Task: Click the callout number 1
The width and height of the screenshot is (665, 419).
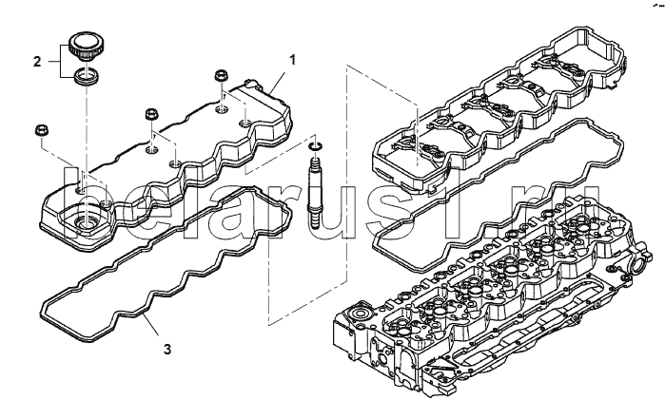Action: click(x=292, y=60)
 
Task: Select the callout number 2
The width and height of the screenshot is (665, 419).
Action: click(x=37, y=62)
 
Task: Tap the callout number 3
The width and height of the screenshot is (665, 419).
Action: click(x=167, y=350)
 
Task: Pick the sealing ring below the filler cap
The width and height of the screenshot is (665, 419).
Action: click(x=86, y=77)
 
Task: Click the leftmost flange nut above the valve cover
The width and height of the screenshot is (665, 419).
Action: click(x=41, y=129)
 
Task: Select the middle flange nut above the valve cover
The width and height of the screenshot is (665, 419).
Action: click(x=152, y=114)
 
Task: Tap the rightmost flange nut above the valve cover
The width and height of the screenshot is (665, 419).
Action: click(x=221, y=76)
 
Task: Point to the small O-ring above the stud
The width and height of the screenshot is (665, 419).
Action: click(x=315, y=146)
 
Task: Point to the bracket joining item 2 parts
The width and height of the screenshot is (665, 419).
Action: click(x=60, y=62)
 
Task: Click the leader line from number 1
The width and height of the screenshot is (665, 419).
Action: click(x=279, y=82)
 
